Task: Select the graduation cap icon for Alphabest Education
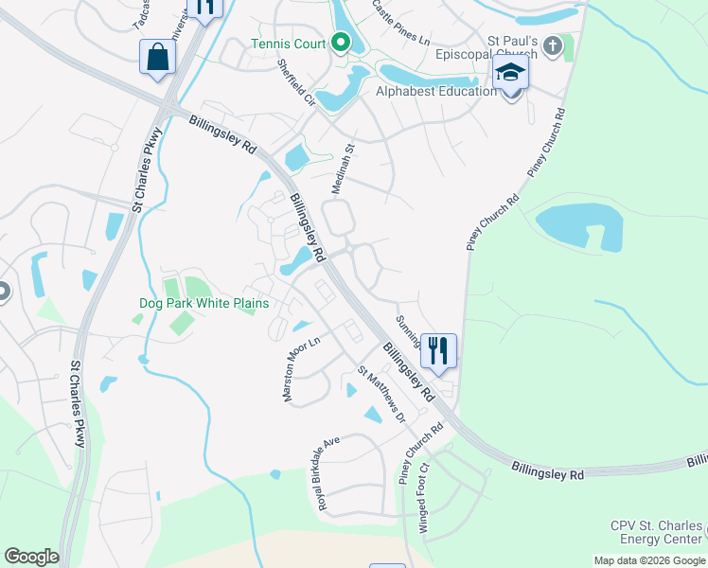pos(511,73)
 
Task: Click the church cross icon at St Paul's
pos(554,44)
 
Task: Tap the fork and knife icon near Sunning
pos(437,350)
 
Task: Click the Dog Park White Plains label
pos(204,303)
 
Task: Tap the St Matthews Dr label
pos(381,396)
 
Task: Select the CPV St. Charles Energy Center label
pos(658,533)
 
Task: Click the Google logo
pos(31,557)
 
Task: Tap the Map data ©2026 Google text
pos(649,560)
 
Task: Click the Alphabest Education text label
pos(436,91)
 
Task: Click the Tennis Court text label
pos(288,44)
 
